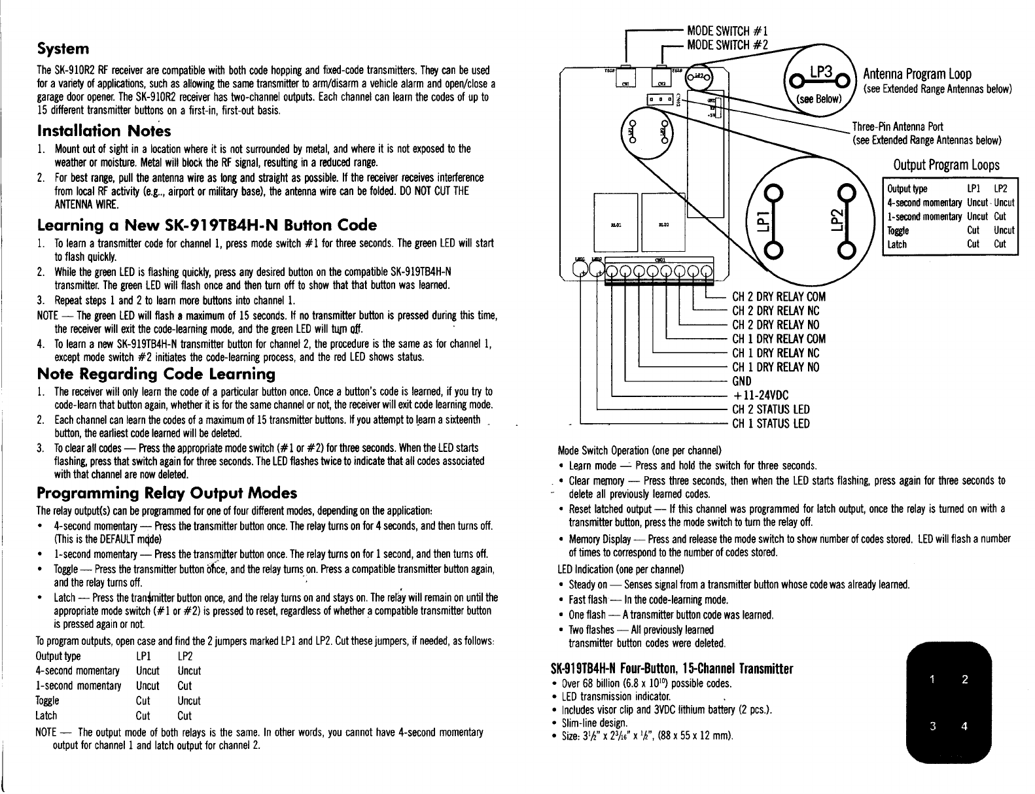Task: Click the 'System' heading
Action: (63, 49)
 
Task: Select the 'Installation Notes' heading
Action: (105, 131)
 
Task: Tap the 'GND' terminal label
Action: (742, 381)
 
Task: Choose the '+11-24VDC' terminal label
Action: (760, 395)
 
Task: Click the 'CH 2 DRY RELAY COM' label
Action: (779, 296)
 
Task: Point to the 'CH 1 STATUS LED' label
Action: (771, 423)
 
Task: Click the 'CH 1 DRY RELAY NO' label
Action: (775, 367)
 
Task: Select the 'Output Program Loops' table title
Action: (946, 164)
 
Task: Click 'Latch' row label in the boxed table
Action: (895, 245)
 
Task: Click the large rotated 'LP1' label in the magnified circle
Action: (774, 221)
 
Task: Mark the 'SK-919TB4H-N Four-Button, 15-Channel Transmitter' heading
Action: (673, 669)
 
